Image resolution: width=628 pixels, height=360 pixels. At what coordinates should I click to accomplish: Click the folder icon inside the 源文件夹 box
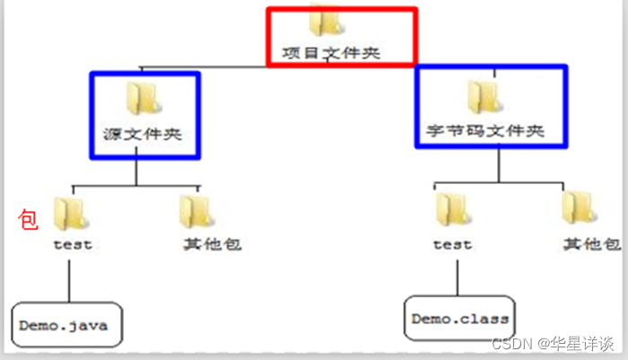pos(142,97)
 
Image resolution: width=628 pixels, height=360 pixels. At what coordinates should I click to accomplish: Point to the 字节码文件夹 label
pos(493,131)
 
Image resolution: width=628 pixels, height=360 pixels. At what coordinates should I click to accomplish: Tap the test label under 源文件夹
pos(73,243)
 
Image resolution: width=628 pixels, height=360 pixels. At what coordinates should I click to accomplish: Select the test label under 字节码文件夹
pos(451,243)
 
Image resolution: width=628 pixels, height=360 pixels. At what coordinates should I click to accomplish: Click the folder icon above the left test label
pos(70,212)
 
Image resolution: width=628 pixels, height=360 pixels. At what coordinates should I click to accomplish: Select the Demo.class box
pos(460,319)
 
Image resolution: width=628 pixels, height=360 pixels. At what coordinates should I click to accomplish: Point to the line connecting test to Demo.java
pos(68,278)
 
